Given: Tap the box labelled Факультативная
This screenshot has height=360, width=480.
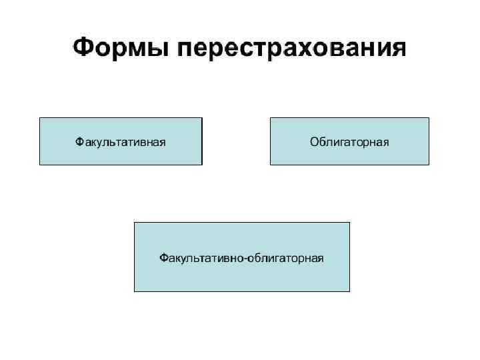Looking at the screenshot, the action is tap(121, 141).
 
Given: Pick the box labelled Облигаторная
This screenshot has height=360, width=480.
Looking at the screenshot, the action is tap(349, 141).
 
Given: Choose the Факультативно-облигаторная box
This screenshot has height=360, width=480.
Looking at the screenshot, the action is tap(241, 257).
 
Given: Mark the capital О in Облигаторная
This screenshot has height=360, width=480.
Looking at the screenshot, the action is tap(314, 141).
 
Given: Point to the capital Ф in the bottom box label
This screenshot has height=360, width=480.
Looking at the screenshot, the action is tap(163, 257).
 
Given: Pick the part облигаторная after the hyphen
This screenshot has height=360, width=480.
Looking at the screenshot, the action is tap(285, 258).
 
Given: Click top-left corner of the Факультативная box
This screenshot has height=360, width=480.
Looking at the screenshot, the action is tap(40, 118).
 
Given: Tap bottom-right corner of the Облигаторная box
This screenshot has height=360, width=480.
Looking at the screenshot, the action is tap(429, 165).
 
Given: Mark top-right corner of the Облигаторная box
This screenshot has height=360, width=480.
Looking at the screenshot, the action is tap(429, 118).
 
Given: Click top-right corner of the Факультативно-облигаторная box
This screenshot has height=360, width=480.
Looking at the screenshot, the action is tap(349, 223).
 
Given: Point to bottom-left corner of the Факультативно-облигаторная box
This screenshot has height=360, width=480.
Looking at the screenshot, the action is tap(135, 291).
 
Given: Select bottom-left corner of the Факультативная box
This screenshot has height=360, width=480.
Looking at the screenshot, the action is tap(40, 165).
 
